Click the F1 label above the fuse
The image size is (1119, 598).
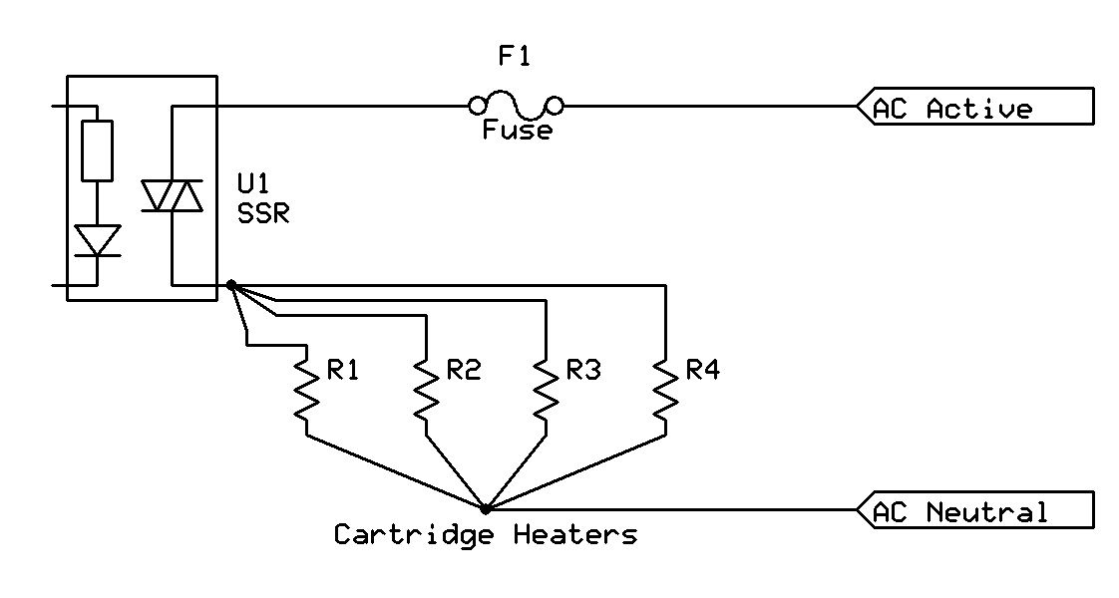pyautogui.click(x=515, y=58)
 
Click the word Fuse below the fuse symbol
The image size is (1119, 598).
pyautogui.click(x=516, y=131)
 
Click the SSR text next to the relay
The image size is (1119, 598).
pyautogui.click(x=263, y=213)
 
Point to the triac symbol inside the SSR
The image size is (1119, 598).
pyautogui.click(x=172, y=195)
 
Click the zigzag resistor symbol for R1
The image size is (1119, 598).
pyautogui.click(x=306, y=390)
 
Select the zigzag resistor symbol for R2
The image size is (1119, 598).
pyautogui.click(x=426, y=390)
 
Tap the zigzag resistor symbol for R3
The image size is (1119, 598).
pyautogui.click(x=546, y=390)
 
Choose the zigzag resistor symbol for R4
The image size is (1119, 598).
pyautogui.click(x=665, y=390)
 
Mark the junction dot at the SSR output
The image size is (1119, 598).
pyautogui.click(x=231, y=286)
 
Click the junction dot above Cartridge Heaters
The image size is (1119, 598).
pyautogui.click(x=486, y=508)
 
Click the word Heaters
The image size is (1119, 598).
pyautogui.click(x=575, y=535)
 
